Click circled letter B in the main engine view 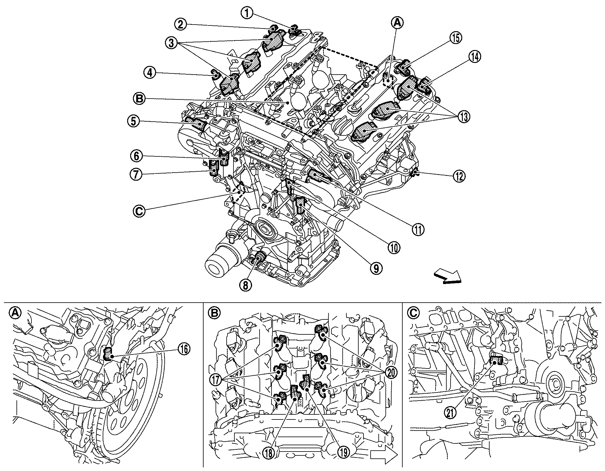140,99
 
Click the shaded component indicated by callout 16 108,353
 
